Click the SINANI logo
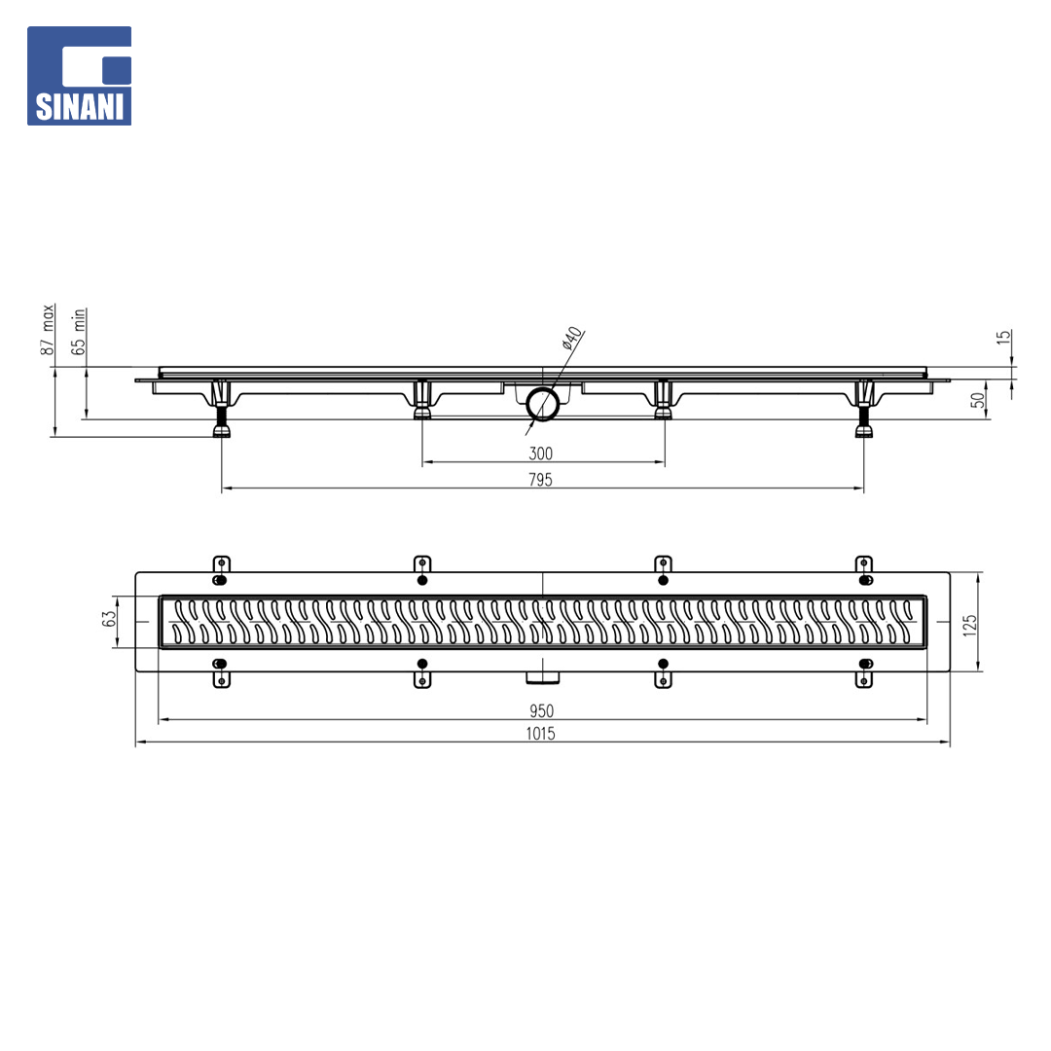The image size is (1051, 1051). [x=79, y=76]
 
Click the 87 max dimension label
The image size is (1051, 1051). [x=48, y=329]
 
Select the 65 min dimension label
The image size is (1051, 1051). [x=79, y=331]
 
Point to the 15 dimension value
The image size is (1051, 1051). [x=1003, y=337]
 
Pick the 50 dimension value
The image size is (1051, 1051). [x=978, y=400]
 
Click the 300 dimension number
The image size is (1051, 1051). [x=540, y=453]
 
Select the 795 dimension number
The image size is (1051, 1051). [x=540, y=480]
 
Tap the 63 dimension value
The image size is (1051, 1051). [x=109, y=618]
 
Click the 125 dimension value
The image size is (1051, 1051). [x=969, y=625]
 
